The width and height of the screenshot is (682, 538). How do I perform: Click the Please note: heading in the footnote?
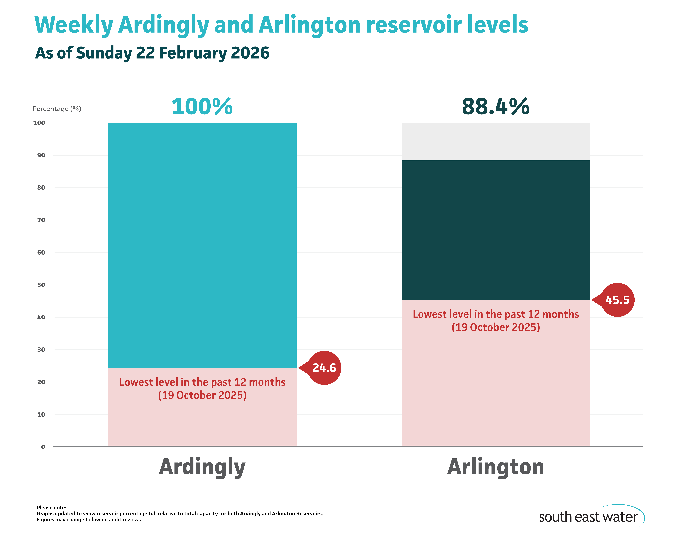[x=51, y=507]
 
